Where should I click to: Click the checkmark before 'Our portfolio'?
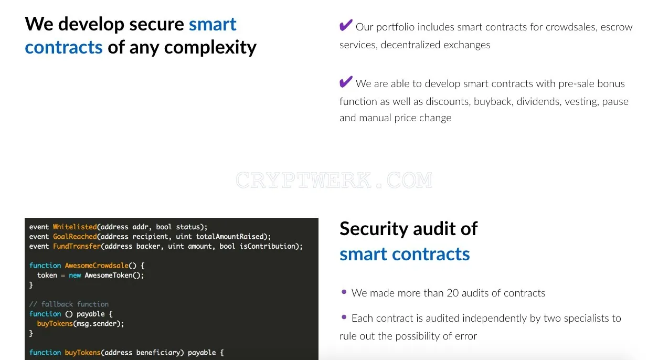pos(346,25)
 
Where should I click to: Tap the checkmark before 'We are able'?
pos(346,82)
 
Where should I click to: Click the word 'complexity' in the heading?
pos(210,48)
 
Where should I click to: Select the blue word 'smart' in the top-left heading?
pos(213,24)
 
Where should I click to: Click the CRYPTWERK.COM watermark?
pos(334,180)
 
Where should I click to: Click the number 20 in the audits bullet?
pos(452,293)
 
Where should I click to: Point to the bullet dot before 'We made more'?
pos(344,292)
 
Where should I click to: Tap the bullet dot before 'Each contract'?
pos(344,317)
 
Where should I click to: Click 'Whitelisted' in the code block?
pos(75,227)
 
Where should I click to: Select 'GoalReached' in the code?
pos(75,237)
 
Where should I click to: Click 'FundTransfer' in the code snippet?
pos(77,246)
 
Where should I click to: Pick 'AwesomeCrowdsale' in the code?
pos(97,266)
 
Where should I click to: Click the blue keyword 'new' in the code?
pos(75,276)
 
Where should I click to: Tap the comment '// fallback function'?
pos(69,304)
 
